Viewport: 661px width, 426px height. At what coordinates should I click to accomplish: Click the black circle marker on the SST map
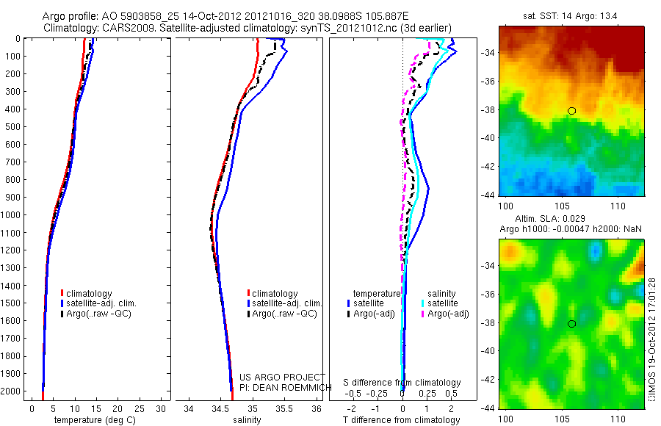pyautogui.click(x=571, y=111)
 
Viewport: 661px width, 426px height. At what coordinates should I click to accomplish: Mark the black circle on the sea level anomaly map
pyautogui.click(x=571, y=323)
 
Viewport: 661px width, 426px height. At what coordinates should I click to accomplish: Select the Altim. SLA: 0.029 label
pyautogui.click(x=571, y=220)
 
